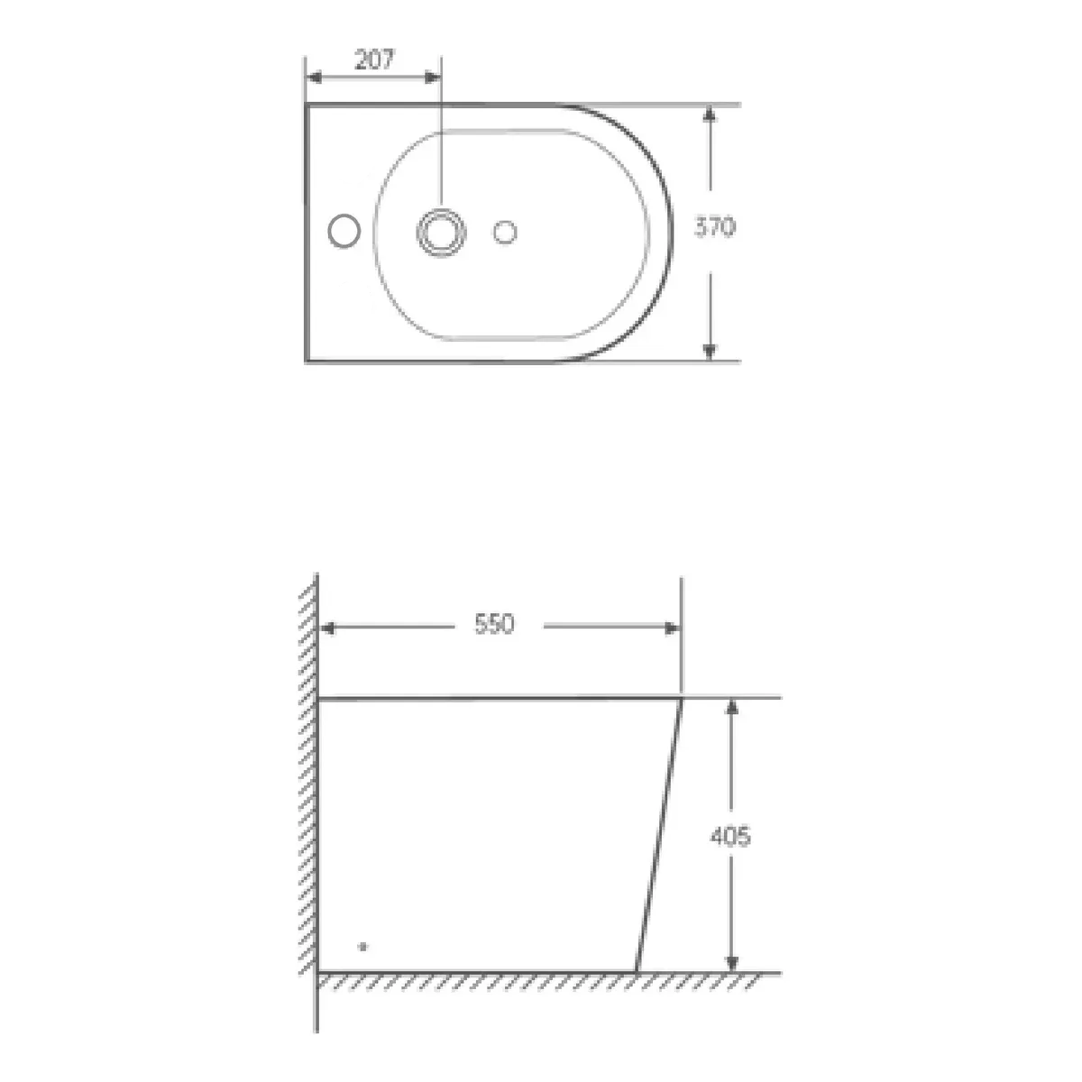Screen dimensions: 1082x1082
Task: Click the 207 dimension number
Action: [375, 60]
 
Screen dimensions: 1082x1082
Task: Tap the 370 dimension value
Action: [715, 227]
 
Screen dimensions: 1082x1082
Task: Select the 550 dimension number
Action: [494, 624]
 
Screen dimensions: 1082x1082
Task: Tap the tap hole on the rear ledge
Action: [344, 230]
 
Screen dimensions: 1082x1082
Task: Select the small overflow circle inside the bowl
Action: [505, 232]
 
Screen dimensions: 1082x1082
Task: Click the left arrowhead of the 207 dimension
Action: [314, 78]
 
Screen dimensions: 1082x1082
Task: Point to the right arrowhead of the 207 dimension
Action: [433, 78]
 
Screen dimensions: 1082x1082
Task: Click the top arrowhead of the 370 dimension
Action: [710, 114]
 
